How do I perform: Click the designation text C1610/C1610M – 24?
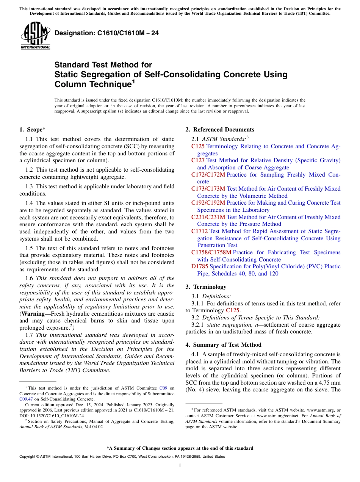tap(106, 33)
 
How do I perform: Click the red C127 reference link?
tap(198, 160)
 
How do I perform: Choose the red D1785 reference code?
tap(200, 266)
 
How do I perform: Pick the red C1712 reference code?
tap(199, 231)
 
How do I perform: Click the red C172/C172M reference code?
tap(208, 175)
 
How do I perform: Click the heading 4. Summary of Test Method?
tap(223, 345)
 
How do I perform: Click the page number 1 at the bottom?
tap(180, 465)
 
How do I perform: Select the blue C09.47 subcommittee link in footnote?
tap(25, 399)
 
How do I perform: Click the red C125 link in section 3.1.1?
tap(232, 310)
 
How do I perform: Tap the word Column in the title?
tap(72, 85)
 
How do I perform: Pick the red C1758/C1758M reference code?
tap(211, 252)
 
